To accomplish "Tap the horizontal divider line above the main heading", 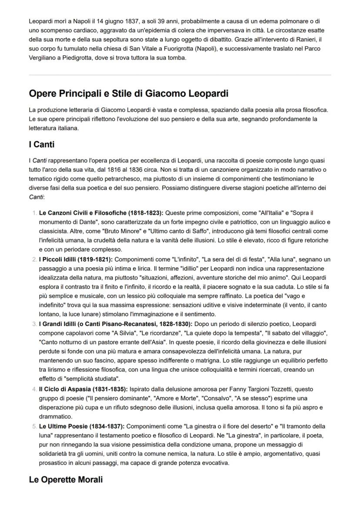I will (x=180, y=75).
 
